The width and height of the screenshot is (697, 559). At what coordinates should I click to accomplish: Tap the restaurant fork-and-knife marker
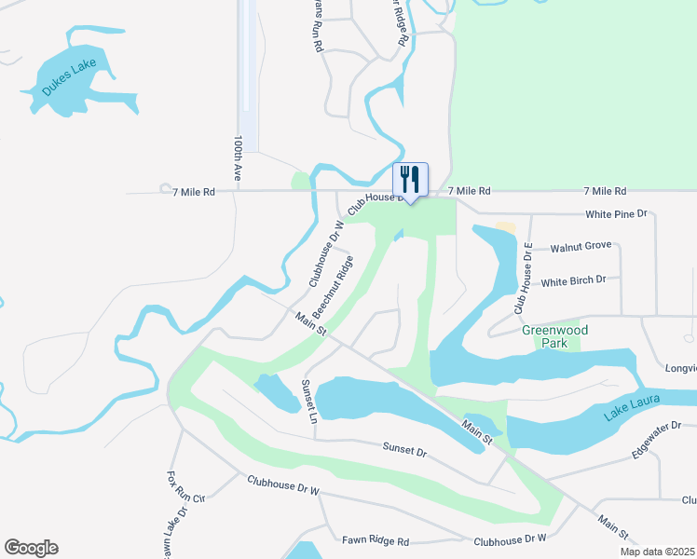coord(410,178)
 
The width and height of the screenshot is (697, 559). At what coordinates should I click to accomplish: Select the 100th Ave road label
coord(239,157)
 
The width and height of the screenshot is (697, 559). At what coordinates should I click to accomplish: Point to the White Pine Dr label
coord(616,214)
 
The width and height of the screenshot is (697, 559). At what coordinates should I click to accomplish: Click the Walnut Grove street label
coord(581,246)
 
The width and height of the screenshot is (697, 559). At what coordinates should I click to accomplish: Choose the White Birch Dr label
coord(573,280)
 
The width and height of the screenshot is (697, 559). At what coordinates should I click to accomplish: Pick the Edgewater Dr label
coord(656,441)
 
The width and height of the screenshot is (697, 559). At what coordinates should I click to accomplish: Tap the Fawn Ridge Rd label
coord(376,540)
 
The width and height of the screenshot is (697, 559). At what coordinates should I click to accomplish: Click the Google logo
coord(31,548)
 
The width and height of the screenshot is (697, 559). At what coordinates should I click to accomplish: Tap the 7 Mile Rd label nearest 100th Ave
coord(194,191)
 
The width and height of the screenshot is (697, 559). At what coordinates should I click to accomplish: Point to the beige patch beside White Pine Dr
coord(505,226)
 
